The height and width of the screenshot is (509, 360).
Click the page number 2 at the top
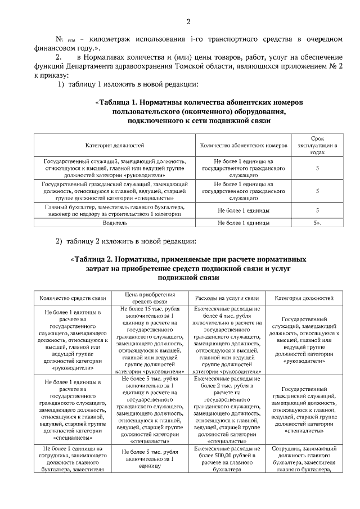(188, 22)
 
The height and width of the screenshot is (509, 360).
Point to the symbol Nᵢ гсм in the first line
(65, 39)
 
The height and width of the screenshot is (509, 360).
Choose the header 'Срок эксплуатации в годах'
(317, 145)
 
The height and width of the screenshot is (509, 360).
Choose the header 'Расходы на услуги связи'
(226, 298)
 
